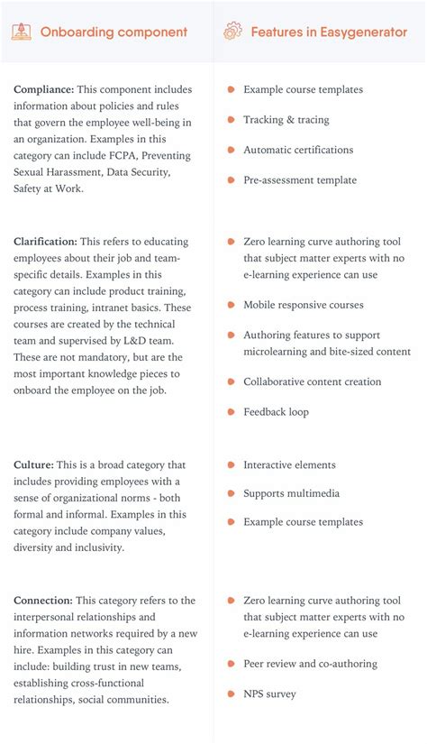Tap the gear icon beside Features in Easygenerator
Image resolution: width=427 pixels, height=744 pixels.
point(232,32)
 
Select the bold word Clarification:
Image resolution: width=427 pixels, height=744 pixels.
point(45,242)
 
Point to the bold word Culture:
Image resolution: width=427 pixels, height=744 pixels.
point(34,465)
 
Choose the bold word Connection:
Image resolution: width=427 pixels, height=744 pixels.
point(43,601)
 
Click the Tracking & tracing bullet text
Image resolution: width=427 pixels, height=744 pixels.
point(286,120)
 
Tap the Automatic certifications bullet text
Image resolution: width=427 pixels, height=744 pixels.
point(298,150)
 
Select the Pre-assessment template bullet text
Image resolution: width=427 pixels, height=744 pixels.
point(300,180)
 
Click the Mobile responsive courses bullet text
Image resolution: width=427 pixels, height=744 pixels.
point(304,305)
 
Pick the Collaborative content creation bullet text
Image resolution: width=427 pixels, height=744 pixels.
point(312,381)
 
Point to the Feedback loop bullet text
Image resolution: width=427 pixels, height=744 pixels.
point(276,412)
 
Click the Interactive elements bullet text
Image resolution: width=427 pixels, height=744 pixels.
point(289,465)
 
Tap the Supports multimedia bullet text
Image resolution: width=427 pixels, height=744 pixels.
point(290,493)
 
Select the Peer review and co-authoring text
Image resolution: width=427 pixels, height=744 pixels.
point(310,664)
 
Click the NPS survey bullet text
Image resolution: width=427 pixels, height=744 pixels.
point(270,694)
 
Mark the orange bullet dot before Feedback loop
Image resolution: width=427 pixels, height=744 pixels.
point(232,412)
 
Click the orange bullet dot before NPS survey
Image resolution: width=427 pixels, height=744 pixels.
point(232,694)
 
